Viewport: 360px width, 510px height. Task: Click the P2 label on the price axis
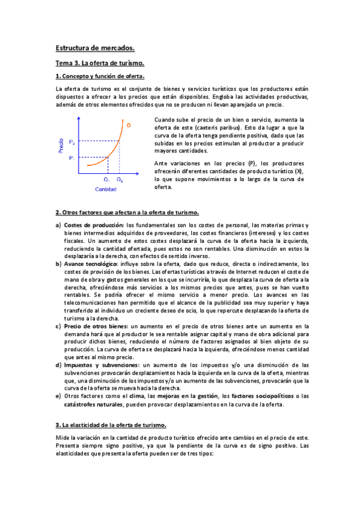(72, 142)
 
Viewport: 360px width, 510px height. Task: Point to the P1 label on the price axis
(71, 158)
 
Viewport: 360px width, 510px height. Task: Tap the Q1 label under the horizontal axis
(106, 179)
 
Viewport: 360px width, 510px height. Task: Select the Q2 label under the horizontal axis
(120, 179)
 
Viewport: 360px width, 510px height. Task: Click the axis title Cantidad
(106, 189)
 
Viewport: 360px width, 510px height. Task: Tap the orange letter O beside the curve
(128, 124)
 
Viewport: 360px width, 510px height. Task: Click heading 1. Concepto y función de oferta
(100, 76)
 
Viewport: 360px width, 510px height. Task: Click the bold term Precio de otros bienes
(100, 325)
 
